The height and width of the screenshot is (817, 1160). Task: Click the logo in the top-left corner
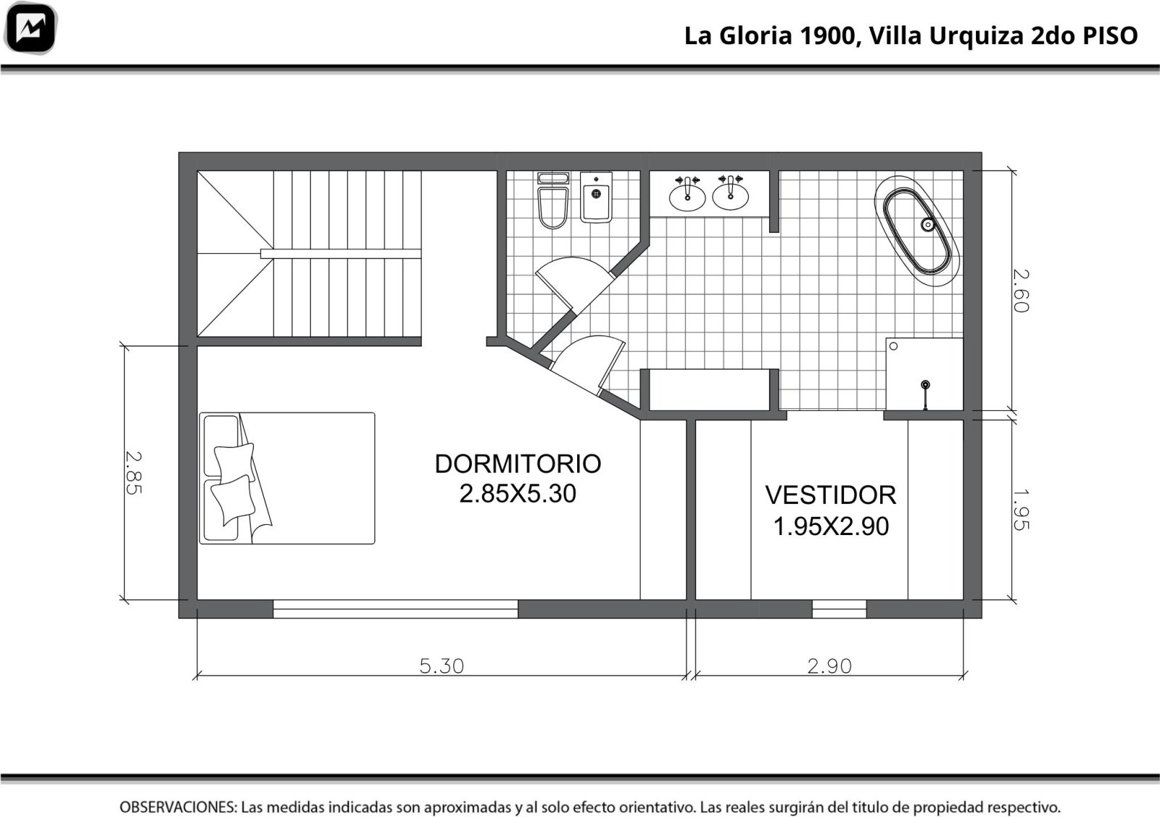coord(30,28)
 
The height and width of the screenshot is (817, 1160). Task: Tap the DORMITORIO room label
coord(518,464)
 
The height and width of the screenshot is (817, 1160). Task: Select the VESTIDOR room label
coord(831,495)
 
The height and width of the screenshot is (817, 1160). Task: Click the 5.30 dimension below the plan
coord(442,665)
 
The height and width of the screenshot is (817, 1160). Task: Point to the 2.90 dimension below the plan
coord(829,665)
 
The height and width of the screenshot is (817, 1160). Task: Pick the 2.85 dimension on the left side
coord(133,473)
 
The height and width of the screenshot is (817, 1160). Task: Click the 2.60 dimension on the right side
coord(1020,291)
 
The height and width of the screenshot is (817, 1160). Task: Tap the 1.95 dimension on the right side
coord(1020,510)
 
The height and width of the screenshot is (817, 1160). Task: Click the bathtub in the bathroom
coord(916,231)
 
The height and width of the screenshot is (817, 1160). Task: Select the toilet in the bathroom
coord(553,200)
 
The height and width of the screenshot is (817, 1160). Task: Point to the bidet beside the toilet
coord(596,197)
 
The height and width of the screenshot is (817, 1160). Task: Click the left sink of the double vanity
coord(687,195)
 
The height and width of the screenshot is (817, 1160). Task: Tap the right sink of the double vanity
coord(730,195)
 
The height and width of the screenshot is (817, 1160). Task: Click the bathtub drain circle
coord(927,225)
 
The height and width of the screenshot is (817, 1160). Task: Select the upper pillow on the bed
coord(235,462)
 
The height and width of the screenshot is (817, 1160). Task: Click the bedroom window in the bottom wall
coord(395,609)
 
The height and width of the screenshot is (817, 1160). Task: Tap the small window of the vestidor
coord(839,609)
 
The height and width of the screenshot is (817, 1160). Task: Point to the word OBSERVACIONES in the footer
coord(178,807)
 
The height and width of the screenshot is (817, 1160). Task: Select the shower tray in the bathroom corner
coord(924,374)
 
